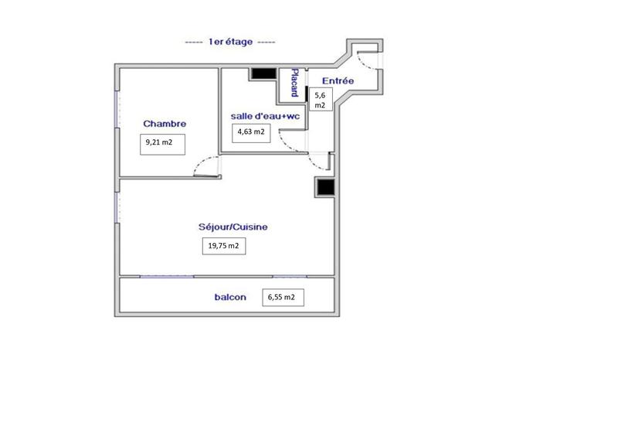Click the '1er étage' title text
tap(230, 43)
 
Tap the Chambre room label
tap(165, 124)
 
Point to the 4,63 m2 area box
tap(251, 131)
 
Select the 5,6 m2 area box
tap(321, 99)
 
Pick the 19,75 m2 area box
tap(223, 246)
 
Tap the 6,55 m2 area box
tap(284, 297)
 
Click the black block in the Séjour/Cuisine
tap(324, 188)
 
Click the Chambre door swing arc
tap(202, 164)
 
